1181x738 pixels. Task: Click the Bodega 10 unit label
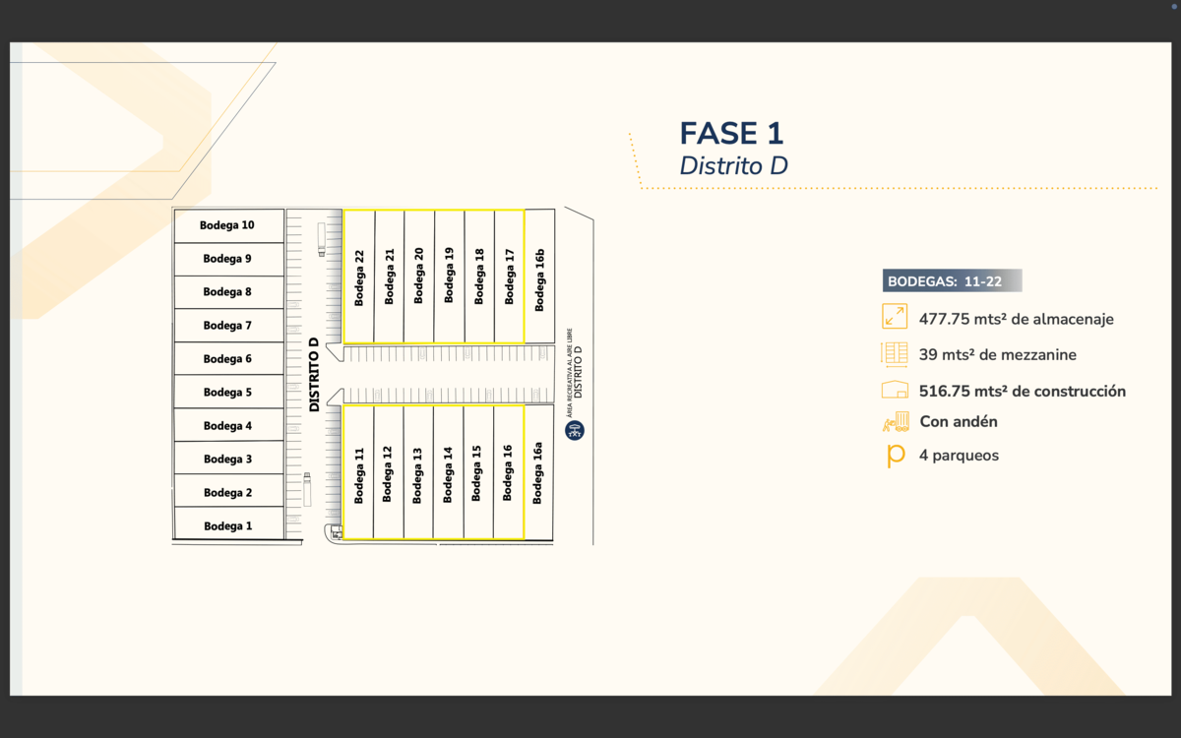click(x=227, y=225)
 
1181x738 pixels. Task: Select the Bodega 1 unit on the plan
click(x=228, y=526)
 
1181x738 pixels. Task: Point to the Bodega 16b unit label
click(x=539, y=280)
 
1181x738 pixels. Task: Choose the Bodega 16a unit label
click(x=537, y=473)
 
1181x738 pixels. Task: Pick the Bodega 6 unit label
click(x=228, y=359)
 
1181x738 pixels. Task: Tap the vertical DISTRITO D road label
click(x=314, y=375)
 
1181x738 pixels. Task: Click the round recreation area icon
click(x=575, y=430)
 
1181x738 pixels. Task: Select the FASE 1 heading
click(x=731, y=134)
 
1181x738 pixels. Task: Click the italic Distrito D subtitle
click(x=733, y=166)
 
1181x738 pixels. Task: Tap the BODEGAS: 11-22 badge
click(x=952, y=281)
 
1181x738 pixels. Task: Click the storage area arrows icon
click(x=895, y=317)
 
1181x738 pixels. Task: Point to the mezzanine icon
click(x=895, y=354)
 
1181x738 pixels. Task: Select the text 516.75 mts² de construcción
click(x=1022, y=392)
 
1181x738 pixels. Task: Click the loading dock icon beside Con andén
click(x=896, y=422)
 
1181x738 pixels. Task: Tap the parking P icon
click(x=896, y=456)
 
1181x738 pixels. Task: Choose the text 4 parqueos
click(x=959, y=456)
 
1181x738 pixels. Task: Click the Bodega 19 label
click(x=449, y=275)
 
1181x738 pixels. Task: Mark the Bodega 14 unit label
click(x=448, y=475)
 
